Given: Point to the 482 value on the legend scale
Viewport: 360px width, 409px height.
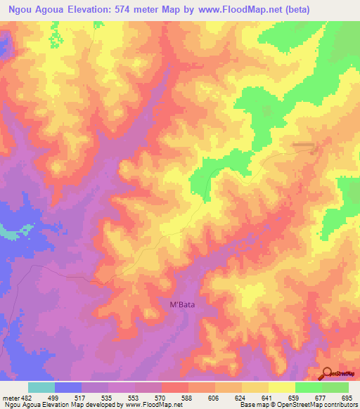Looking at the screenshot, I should click(22, 398).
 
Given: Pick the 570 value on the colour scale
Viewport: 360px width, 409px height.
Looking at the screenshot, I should click(161, 398).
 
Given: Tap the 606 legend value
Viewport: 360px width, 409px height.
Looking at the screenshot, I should click(214, 398).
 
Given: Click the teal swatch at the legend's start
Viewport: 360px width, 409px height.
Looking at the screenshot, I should click(41, 387).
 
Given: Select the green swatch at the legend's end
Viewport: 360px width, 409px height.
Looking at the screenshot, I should click(335, 387).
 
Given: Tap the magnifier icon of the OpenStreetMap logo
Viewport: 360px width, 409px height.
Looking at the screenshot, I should click(328, 372).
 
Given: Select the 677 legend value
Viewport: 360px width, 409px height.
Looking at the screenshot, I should click(321, 398).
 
